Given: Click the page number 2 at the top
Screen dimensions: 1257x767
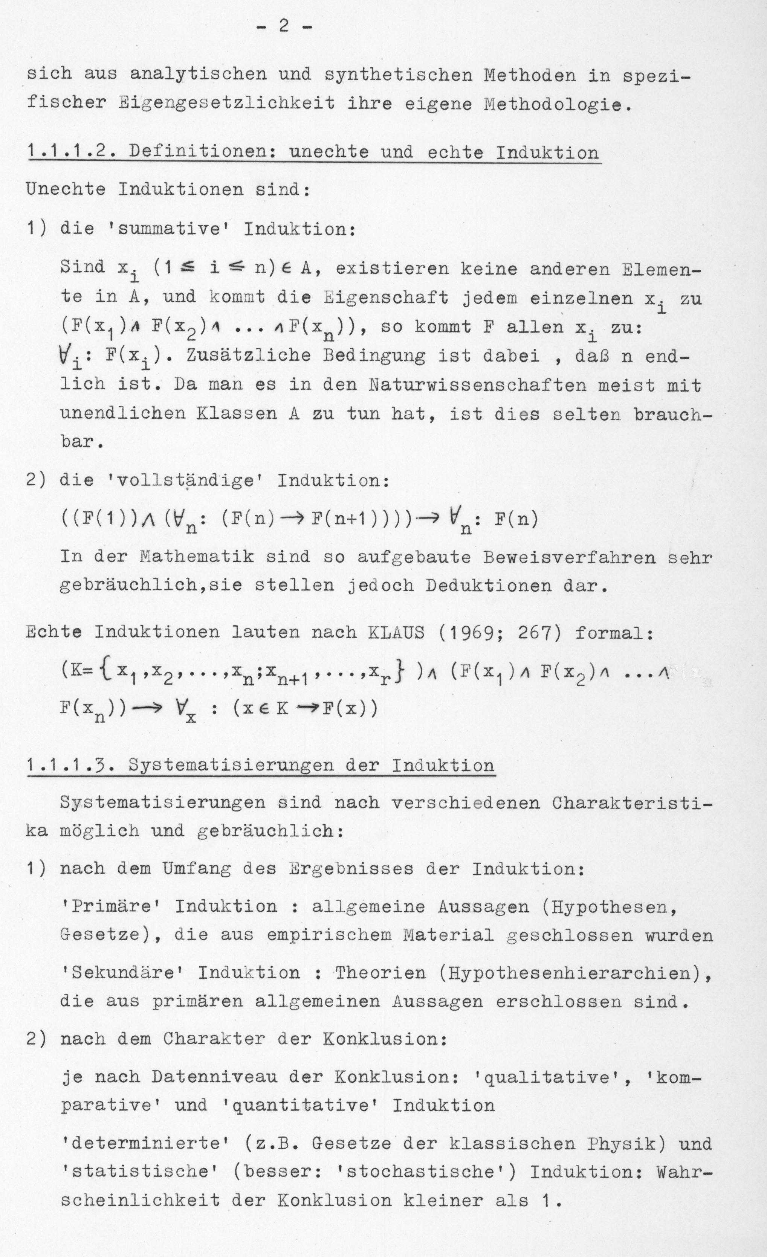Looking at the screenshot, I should pyautogui.click(x=284, y=26).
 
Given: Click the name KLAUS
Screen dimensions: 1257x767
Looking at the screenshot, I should pyautogui.click(x=396, y=633).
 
